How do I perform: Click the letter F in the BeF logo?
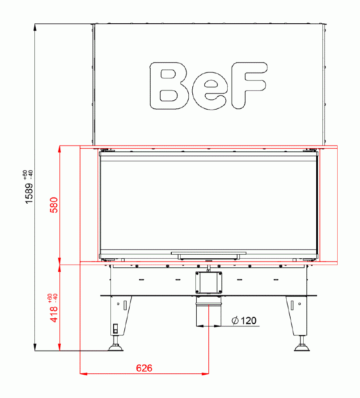pos(249,86)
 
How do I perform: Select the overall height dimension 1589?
pos(29,193)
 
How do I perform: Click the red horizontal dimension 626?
pos(144,368)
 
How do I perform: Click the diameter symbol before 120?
pos(235,321)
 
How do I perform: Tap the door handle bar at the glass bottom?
pos(208,254)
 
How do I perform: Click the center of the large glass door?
pos(208,204)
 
